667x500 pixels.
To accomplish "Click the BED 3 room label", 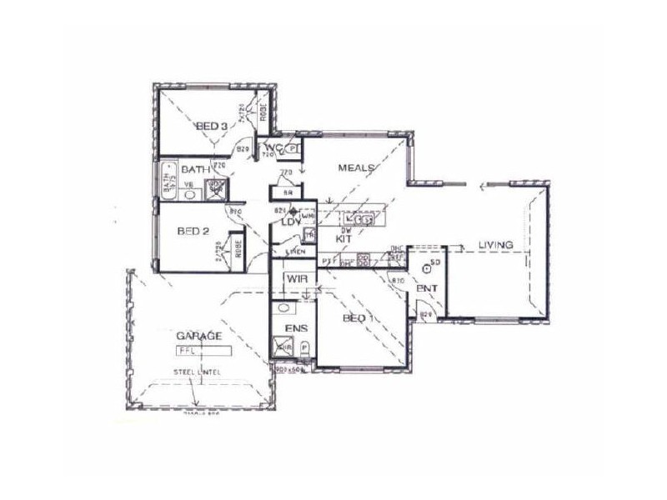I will click(212, 126).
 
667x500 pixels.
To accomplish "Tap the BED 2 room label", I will click(193, 232).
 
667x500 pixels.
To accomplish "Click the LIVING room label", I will click(494, 245).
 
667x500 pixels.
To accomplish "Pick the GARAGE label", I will click(198, 335).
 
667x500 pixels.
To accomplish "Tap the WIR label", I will click(298, 280).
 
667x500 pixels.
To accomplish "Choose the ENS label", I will click(296, 328).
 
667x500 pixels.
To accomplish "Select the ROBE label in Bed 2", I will click(239, 251).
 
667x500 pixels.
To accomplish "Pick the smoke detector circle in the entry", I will click(427, 267).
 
